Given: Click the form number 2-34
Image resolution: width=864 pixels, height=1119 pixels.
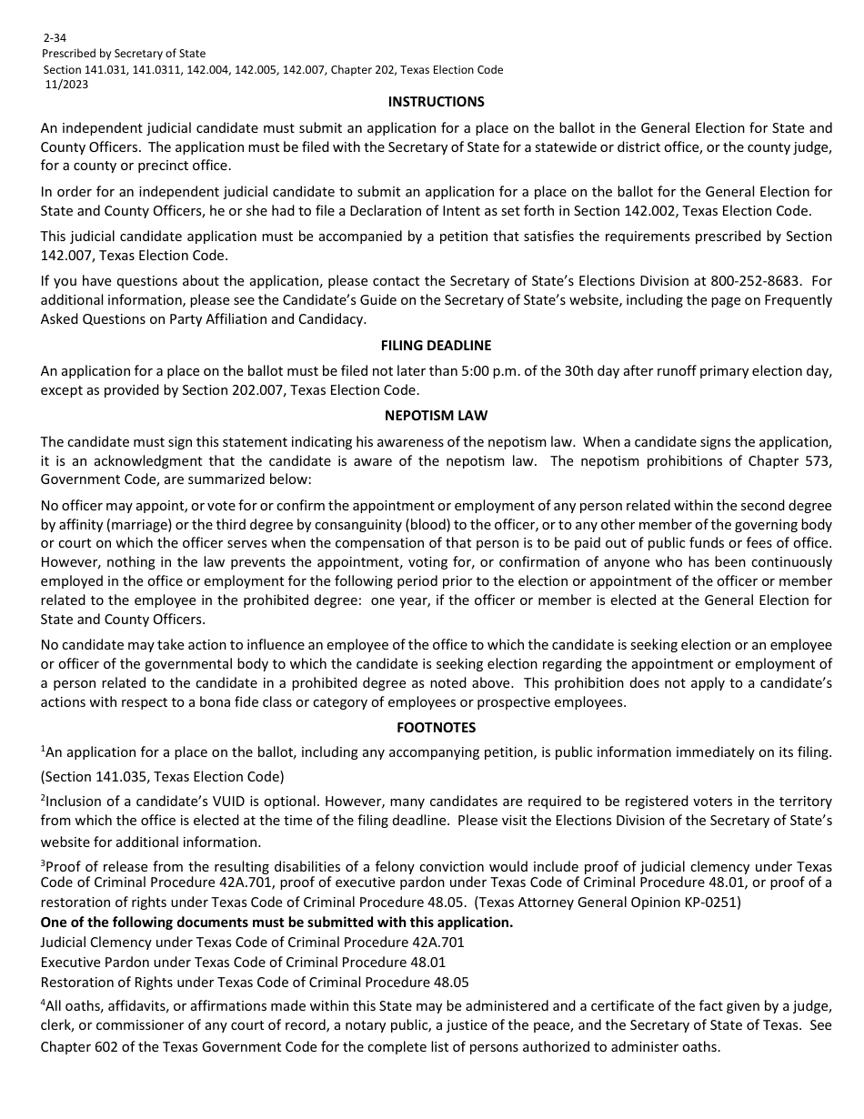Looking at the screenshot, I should [x=55, y=39].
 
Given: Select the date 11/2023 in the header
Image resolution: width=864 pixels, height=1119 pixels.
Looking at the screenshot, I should [x=66, y=85].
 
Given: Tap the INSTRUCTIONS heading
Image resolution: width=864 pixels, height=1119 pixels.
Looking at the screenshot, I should [x=436, y=102].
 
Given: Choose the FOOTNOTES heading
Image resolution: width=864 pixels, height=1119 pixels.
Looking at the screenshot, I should [x=436, y=728].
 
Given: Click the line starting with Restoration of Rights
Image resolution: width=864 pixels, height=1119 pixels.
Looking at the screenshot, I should [x=255, y=982].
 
